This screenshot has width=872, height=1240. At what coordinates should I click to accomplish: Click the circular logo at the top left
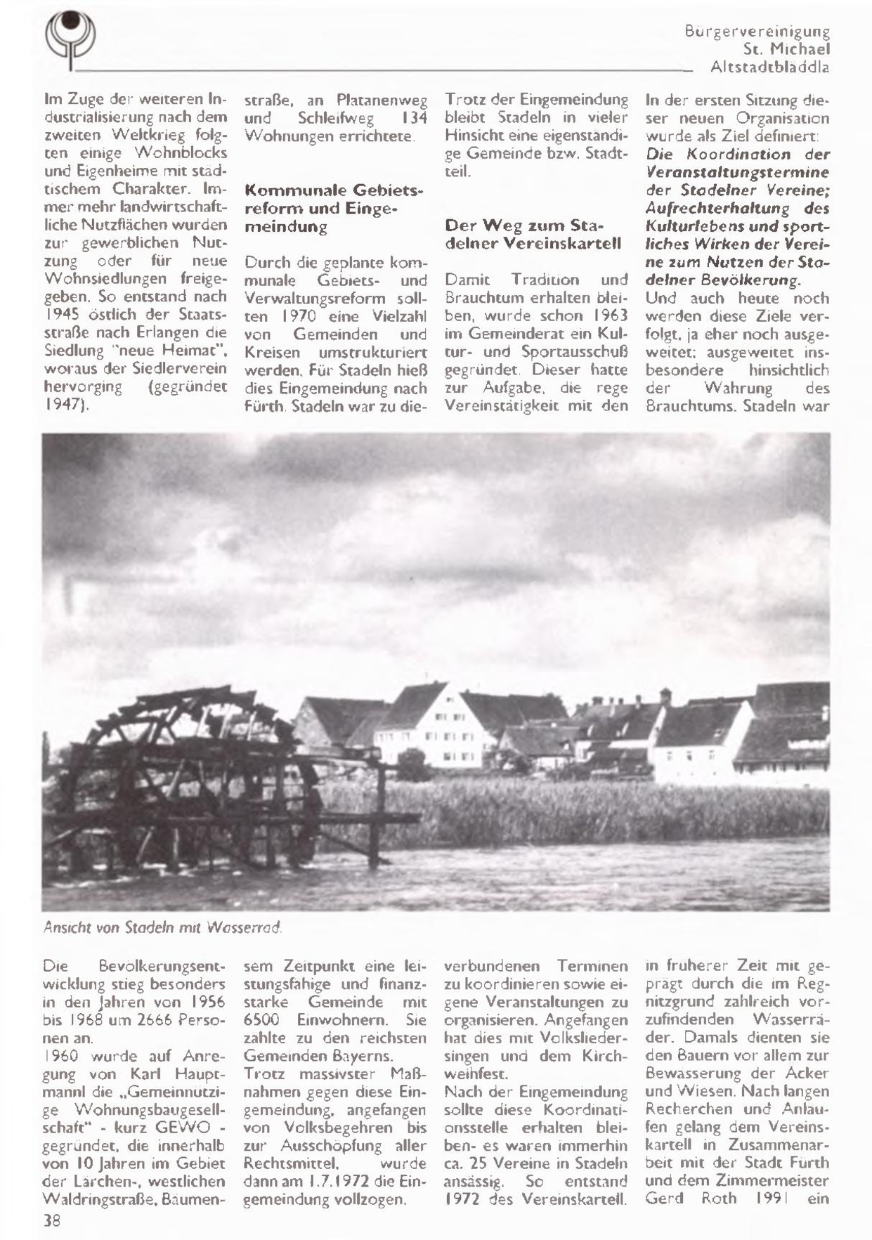click(70, 39)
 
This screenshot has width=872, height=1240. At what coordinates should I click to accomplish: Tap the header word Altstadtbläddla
click(769, 68)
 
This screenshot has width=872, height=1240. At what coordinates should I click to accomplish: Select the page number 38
click(53, 1221)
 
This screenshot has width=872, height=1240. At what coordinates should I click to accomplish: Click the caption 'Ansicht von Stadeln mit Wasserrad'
click(162, 927)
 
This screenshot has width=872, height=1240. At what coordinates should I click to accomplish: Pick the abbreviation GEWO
click(186, 1128)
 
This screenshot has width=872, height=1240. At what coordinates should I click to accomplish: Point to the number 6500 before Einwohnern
click(263, 1019)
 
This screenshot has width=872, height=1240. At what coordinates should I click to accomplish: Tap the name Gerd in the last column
click(664, 1199)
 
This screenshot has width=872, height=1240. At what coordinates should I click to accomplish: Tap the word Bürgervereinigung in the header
click(757, 32)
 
